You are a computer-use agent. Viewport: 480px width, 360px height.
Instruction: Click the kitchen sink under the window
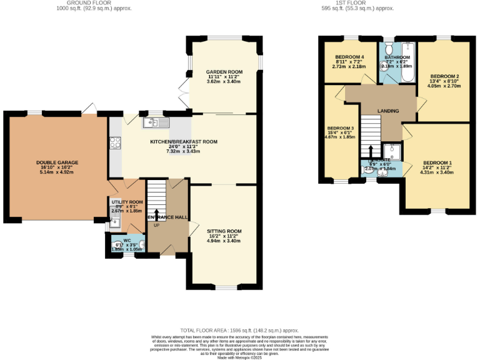(x=151, y=122)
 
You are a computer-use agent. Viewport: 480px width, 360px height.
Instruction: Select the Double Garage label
(x=57, y=162)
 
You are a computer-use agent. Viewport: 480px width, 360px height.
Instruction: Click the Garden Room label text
(x=224, y=72)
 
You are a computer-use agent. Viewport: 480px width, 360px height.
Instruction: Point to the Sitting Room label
(x=224, y=231)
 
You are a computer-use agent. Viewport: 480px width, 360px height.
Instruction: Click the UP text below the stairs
(x=156, y=225)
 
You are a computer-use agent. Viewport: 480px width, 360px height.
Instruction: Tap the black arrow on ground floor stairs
(x=156, y=214)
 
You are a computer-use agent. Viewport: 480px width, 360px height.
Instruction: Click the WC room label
(x=127, y=240)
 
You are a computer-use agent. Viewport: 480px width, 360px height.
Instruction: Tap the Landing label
(x=387, y=111)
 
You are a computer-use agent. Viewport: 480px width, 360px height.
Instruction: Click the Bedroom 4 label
(x=349, y=57)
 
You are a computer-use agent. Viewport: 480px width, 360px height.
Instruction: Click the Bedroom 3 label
(x=341, y=129)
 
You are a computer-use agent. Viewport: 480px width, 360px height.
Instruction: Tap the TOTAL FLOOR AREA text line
(x=239, y=330)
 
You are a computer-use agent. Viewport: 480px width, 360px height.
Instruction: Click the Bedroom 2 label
(x=445, y=76)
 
